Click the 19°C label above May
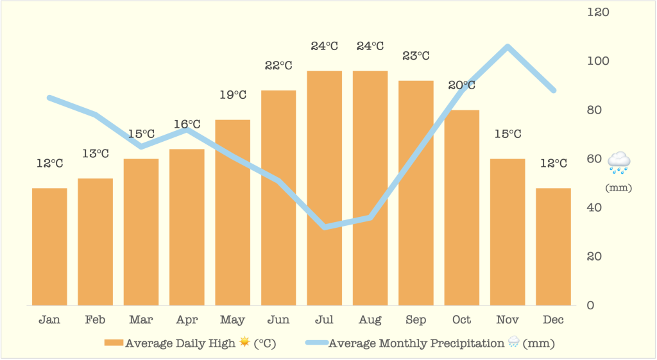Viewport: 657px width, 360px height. (233, 95)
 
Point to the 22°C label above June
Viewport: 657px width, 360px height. (278, 65)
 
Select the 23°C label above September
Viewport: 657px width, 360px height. (416, 56)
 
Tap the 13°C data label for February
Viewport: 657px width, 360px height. (95, 153)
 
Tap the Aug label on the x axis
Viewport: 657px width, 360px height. (370, 320)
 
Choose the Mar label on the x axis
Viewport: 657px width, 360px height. (141, 320)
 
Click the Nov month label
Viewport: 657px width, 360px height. (508, 320)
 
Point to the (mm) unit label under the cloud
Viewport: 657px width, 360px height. (619, 188)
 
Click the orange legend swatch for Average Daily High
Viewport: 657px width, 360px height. (114, 343)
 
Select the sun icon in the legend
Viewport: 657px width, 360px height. (244, 343)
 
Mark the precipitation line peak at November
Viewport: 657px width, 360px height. (508, 47)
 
